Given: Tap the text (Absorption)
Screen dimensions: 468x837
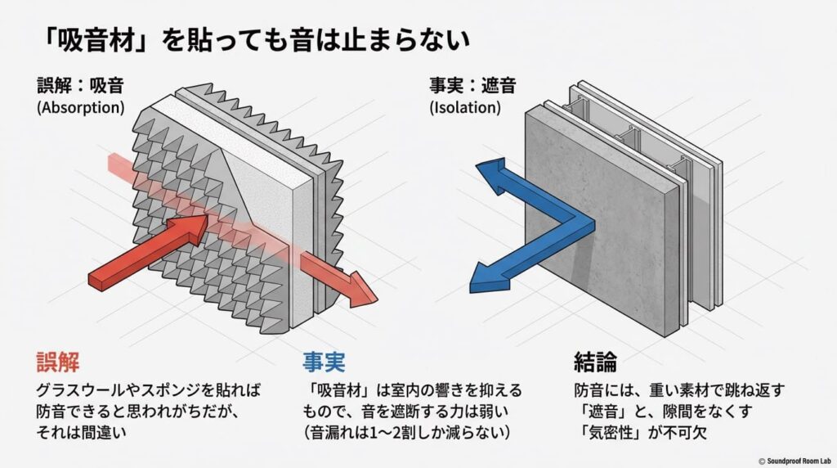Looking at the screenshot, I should click(81, 106).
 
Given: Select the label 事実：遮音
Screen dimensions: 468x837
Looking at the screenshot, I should click(472, 85).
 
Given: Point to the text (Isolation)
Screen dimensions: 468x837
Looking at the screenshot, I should click(463, 106).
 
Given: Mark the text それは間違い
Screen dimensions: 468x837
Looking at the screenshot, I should click(86, 430).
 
